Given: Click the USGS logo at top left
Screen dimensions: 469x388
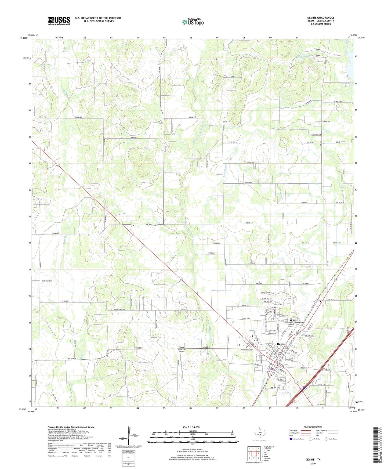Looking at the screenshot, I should coord(59,20).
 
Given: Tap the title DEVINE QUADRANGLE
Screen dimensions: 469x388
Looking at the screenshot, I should coord(321,18).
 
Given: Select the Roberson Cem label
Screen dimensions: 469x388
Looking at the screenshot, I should coord(47,281).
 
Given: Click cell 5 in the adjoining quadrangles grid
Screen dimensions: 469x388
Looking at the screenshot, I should coord(258,453).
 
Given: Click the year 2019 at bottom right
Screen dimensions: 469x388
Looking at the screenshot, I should coord(313,463).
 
